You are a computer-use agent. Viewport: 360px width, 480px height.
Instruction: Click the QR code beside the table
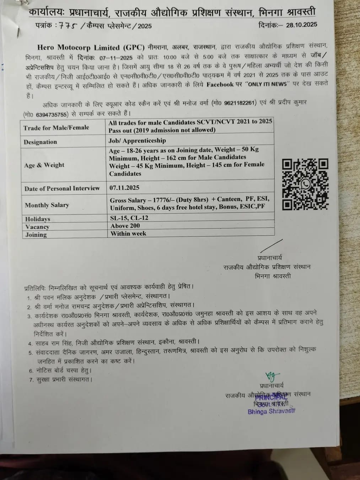305,184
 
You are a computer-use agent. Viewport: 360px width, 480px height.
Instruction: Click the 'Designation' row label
40,142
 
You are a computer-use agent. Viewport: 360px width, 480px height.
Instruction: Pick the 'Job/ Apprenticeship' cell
137,140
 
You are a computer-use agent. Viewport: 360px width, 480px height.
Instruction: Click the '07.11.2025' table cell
124,187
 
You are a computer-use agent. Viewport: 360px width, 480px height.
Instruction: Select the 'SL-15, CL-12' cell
129,218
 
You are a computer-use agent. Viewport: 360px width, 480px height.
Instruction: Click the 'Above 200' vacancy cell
125,226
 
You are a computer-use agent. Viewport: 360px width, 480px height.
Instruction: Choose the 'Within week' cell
128,234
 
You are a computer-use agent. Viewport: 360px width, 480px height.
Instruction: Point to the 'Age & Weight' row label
44,165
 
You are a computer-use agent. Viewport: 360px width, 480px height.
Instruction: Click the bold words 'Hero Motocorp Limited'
78,48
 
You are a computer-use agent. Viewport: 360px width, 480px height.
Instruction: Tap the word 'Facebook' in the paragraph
220,85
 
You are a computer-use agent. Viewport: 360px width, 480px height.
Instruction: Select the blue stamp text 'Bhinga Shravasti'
272,412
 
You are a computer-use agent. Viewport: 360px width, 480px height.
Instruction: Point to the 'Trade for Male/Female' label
56,128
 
